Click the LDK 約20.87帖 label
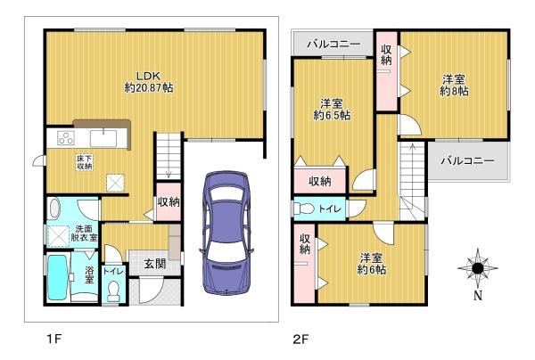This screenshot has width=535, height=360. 149,82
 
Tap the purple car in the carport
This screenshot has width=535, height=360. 226,233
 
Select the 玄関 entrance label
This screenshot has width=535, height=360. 155,264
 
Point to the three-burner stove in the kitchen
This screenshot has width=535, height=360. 66,138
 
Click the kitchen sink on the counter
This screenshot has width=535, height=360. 103,139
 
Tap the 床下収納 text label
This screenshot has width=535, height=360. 85,162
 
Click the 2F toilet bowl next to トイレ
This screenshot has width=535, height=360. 303,209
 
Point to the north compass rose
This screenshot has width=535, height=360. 478,268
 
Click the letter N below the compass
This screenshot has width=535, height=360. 478,296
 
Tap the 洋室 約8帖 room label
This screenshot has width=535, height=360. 454,86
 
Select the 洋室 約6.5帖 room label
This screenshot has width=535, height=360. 332,109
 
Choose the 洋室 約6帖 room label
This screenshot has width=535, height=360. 372,263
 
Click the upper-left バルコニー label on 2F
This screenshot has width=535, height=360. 333,45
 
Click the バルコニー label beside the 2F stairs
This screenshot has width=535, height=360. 467,160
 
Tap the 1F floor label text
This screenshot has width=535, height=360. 53,339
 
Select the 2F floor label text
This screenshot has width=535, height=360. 300,339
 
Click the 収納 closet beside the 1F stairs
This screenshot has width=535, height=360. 169,201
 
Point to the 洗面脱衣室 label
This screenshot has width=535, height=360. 84,233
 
